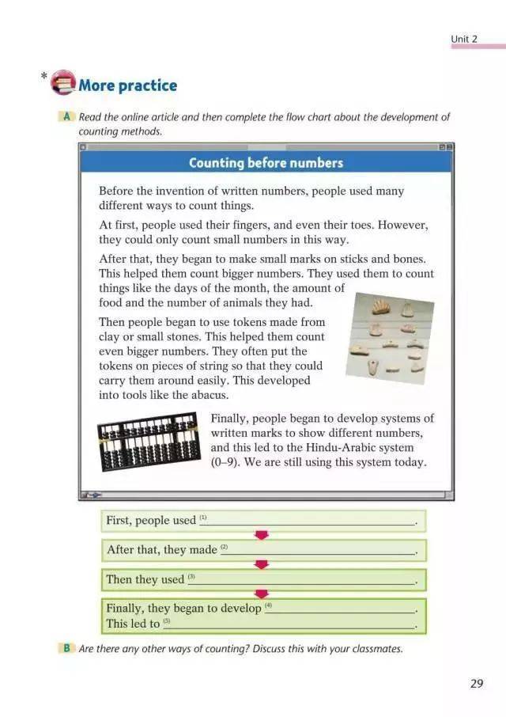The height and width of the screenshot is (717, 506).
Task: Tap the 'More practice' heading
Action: (127, 85)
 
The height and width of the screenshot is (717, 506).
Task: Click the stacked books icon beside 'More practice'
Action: (63, 83)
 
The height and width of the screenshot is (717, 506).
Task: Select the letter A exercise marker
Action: (66, 117)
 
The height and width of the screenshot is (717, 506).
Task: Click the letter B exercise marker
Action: (67, 648)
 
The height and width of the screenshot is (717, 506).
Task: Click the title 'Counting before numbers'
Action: (266, 163)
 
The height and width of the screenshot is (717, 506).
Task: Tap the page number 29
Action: (476, 683)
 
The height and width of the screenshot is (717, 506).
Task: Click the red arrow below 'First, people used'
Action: (262, 535)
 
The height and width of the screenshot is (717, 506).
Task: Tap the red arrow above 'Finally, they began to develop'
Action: (262, 594)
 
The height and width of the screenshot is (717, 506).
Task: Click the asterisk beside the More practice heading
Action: (43, 77)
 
